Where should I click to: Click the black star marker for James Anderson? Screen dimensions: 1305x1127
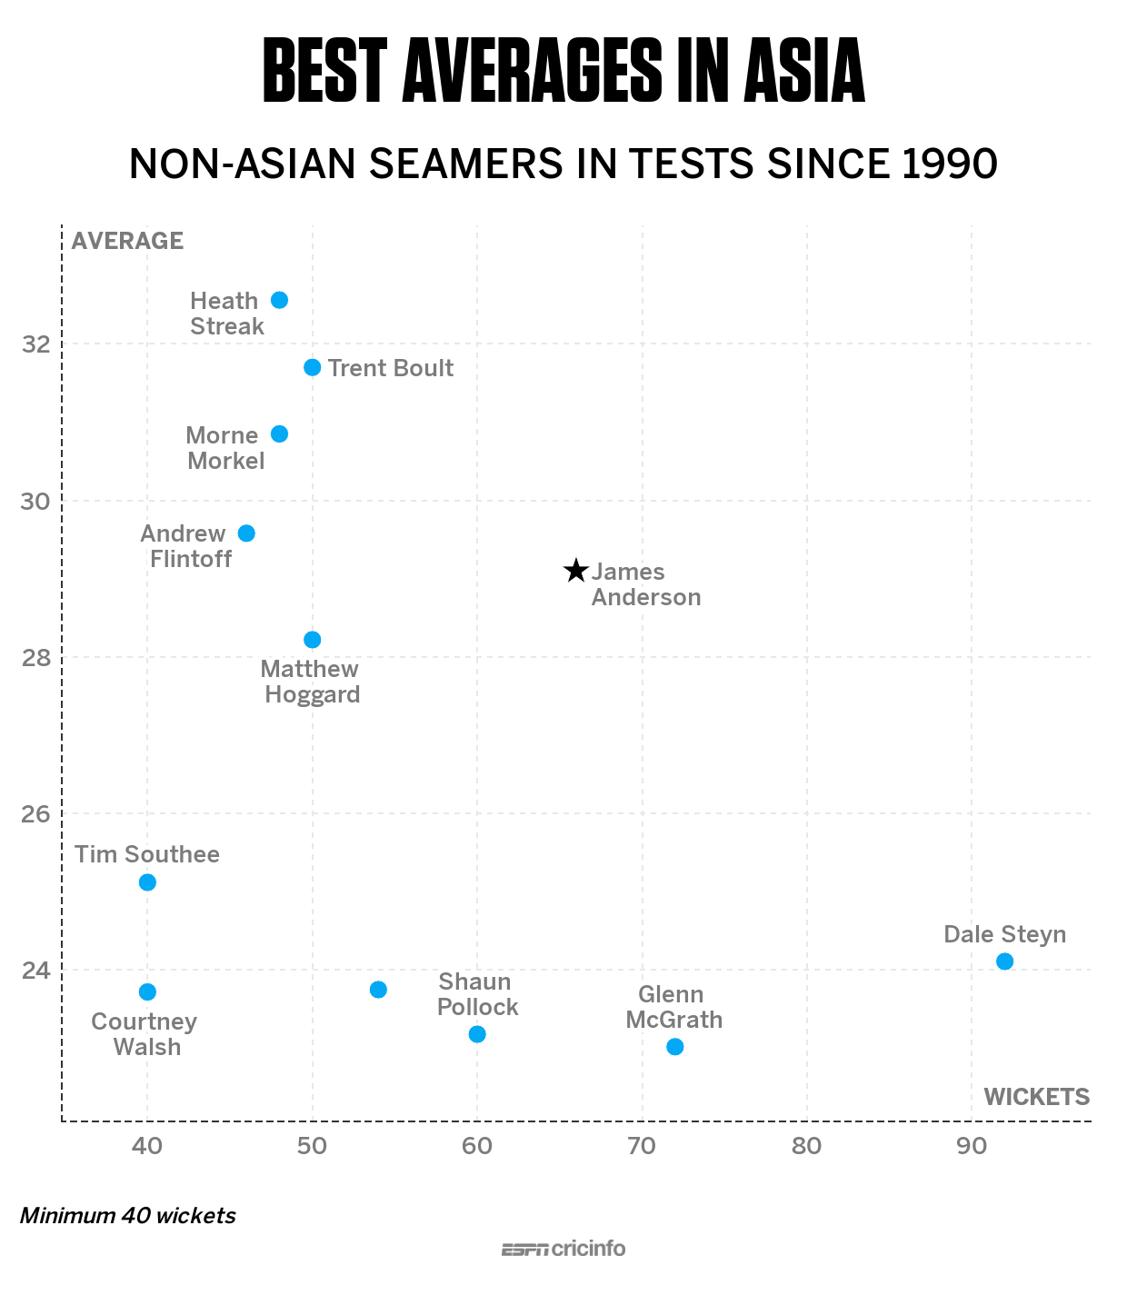pos(575,571)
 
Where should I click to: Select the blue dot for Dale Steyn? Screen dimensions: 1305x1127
pos(1004,961)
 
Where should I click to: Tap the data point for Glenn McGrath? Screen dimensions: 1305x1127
pos(674,1047)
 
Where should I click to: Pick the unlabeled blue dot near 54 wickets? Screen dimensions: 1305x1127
pos(378,990)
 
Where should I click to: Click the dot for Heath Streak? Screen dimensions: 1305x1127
pos(279,300)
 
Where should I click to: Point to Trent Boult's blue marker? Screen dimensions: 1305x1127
pos(312,367)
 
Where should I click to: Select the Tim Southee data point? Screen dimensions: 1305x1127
pos(147,882)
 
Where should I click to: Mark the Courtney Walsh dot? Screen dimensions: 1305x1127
pos(147,991)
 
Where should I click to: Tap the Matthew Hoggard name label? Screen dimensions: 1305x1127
pos(311,682)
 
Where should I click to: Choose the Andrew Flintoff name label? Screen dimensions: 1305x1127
pos(186,546)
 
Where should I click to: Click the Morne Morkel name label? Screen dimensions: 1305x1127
pos(224,448)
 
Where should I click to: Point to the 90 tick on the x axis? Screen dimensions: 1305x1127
pos(972,1146)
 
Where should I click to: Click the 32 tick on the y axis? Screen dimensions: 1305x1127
pos(35,344)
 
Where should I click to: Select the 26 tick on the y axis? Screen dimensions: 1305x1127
pos(35,814)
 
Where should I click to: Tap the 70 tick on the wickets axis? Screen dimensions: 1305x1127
pos(642,1146)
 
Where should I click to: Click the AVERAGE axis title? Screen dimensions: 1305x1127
pos(127,241)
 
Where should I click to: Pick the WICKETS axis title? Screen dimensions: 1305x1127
pos(1036,1097)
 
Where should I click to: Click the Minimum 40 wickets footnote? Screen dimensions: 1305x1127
pos(128,1216)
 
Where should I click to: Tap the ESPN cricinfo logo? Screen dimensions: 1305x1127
pos(563,1249)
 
